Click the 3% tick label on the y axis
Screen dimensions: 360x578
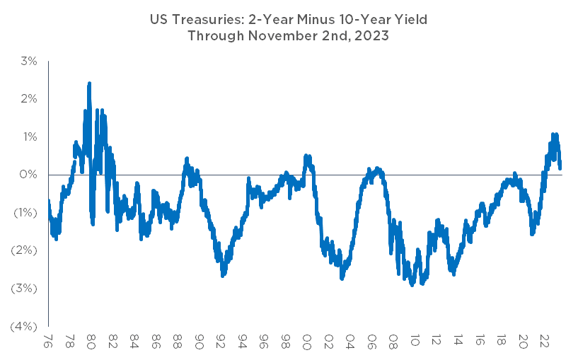[29, 61]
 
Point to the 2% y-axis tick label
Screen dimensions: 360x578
[29, 98]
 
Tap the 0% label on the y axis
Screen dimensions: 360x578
[29, 175]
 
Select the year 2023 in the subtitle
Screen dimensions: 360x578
[371, 36]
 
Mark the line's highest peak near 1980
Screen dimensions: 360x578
[89, 83]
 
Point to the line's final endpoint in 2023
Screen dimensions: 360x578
[560, 168]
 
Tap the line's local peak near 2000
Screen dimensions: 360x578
[306, 155]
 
